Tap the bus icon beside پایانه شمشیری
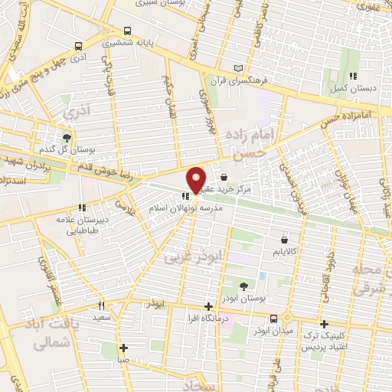pyautogui.click(x=127, y=32)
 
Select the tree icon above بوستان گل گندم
pyautogui.click(x=67, y=138)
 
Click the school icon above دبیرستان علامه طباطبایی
pyautogui.click(x=82, y=207)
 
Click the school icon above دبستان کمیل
pyautogui.click(x=353, y=76)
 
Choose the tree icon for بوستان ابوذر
pyautogui.click(x=243, y=286)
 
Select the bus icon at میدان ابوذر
pyautogui.click(x=273, y=318)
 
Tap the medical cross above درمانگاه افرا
pyautogui.click(x=208, y=307)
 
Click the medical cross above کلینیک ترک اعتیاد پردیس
pyautogui.click(x=325, y=324)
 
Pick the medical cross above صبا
pyautogui.click(x=123, y=348)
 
